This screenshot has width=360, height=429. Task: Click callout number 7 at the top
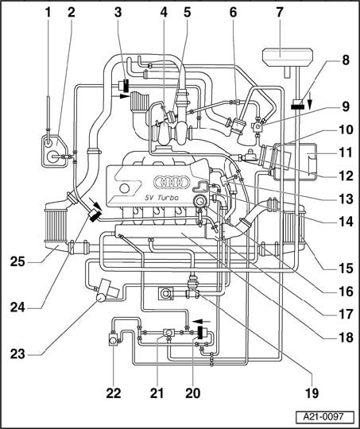[279, 14]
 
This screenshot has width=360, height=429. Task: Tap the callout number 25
[17, 262]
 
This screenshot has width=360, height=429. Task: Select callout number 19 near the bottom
[312, 393]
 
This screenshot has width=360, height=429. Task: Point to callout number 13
[346, 199]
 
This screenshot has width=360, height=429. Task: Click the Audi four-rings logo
[172, 182]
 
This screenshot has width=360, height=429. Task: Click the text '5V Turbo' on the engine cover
[161, 198]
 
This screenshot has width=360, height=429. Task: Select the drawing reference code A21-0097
[323, 417]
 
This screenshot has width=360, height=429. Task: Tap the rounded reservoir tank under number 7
[287, 57]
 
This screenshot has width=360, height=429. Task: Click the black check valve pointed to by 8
[296, 105]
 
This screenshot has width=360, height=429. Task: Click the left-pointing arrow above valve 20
[201, 321]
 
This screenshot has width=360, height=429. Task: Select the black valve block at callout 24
[94, 216]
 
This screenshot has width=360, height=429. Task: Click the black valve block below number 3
[126, 85]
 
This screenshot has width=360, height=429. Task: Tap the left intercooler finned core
[55, 225]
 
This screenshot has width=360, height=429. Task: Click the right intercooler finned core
[293, 228]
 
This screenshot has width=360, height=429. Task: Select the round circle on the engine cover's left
[125, 188]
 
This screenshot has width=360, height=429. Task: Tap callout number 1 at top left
[48, 14]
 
